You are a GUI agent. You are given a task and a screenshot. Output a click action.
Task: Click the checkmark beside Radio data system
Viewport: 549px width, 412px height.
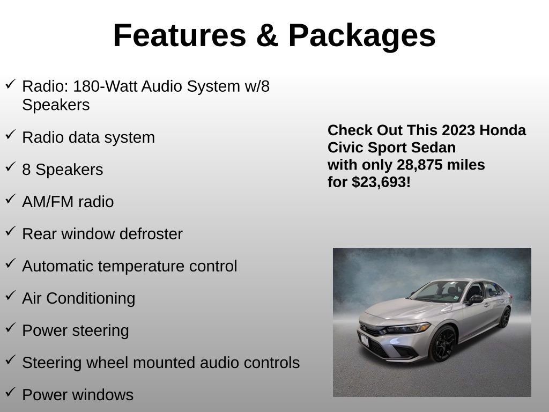tap(10, 135)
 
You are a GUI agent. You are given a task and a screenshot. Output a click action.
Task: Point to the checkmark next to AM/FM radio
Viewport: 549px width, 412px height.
tap(10, 200)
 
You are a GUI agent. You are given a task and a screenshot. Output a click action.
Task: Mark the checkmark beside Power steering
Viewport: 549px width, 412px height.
tap(10, 328)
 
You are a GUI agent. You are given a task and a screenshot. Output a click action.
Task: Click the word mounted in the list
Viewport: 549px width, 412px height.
tap(164, 363)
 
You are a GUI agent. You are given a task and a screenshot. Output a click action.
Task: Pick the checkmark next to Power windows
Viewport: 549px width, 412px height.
tap(10, 393)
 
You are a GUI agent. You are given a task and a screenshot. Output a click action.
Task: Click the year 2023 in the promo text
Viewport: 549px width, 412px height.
tap(459, 130)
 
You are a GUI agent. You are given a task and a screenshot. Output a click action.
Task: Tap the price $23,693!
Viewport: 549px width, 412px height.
tap(381, 182)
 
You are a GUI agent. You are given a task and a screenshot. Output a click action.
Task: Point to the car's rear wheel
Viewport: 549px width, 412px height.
tap(505, 317)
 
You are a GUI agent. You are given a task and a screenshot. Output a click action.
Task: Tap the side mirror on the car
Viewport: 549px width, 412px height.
tap(474, 299)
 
